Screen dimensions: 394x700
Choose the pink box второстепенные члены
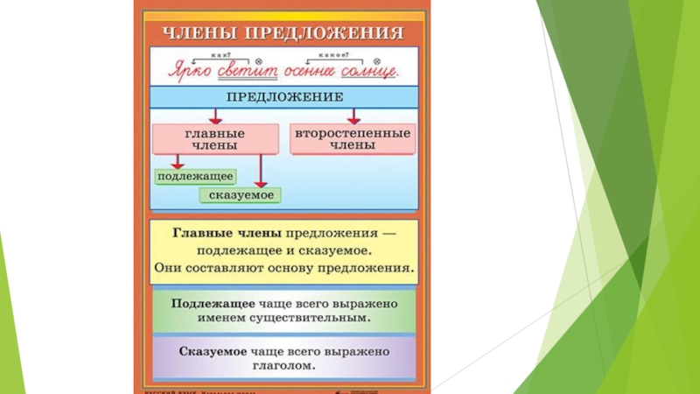[x=353, y=139]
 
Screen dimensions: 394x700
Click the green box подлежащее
[x=189, y=177]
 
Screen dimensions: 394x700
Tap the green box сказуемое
[x=240, y=194]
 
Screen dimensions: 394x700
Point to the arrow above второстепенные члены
[x=353, y=116]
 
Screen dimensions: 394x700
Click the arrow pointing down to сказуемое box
[x=262, y=171]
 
